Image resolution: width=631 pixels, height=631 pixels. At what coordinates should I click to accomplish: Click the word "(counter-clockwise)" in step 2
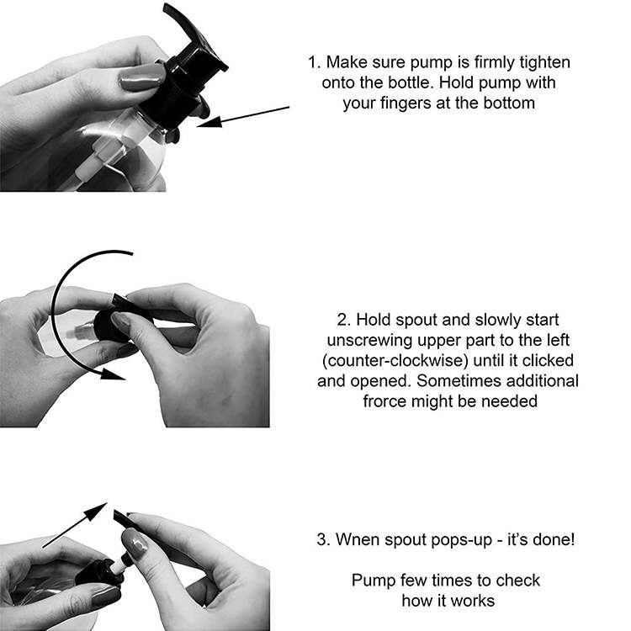(395, 361)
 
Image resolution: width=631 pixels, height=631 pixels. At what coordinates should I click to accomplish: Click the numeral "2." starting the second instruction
(344, 320)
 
